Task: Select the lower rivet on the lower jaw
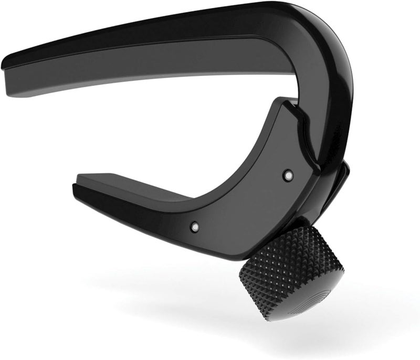[x=194, y=225]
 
